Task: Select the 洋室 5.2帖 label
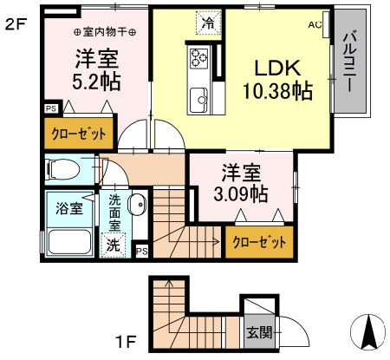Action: pos(96,71)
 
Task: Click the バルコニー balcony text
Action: pos(351,62)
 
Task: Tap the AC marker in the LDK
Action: pos(315,24)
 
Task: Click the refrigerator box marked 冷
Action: pos(208,20)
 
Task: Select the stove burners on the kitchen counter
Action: pos(197,58)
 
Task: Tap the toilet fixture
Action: pos(64,167)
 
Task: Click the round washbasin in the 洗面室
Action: pos(137,206)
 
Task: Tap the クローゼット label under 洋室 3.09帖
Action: pos(259,242)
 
